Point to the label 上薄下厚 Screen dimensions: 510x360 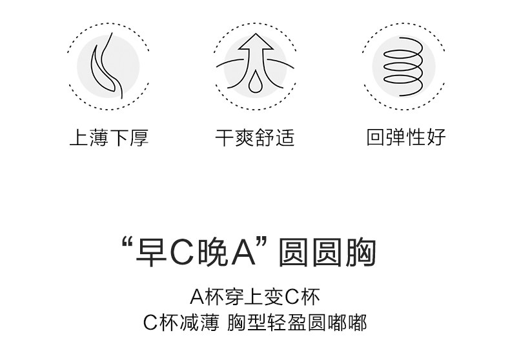pos(109,138)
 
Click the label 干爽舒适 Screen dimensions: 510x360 pos(255,138)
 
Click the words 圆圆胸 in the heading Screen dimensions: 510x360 pos(327,254)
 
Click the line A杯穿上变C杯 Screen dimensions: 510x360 pos(255,297)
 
